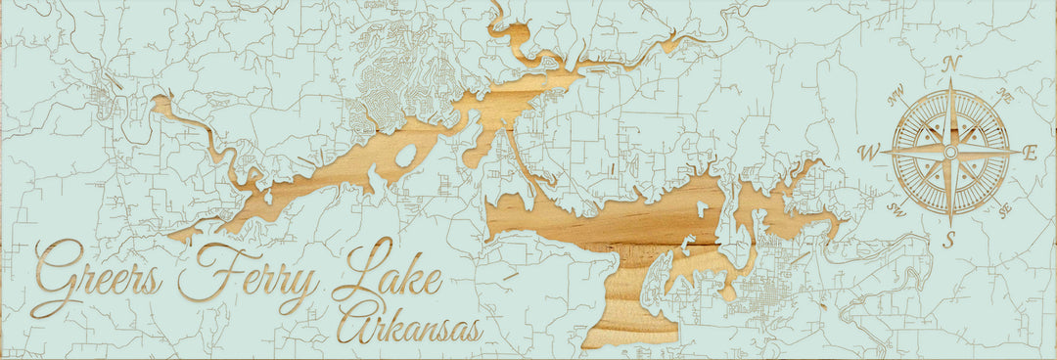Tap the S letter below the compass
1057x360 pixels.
pyautogui.click(x=947, y=240)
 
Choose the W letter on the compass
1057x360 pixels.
pyautogui.click(x=868, y=153)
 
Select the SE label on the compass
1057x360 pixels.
pyautogui.click(x=1005, y=209)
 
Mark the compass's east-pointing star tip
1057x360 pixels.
pyautogui.click(x=1018, y=152)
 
